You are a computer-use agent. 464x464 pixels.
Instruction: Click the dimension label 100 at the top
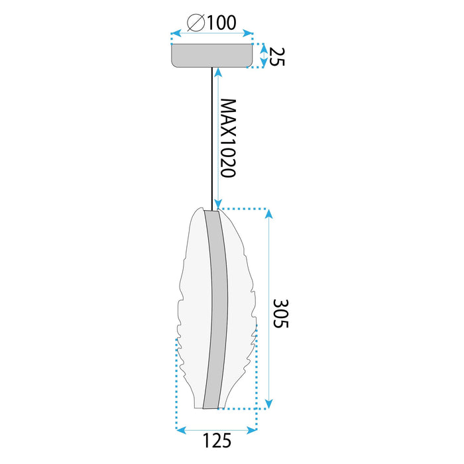[221, 23]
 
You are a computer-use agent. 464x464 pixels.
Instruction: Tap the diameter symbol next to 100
[196, 23]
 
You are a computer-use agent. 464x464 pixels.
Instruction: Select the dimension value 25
[277, 56]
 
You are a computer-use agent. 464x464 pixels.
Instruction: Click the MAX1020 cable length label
[229, 138]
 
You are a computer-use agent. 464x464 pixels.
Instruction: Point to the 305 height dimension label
[280, 314]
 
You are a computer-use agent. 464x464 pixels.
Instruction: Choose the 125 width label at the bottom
[217, 441]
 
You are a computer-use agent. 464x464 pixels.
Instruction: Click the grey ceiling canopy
[212, 56]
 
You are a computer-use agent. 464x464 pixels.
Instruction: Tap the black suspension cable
[212, 139]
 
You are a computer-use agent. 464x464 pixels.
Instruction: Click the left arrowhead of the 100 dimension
[176, 33]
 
